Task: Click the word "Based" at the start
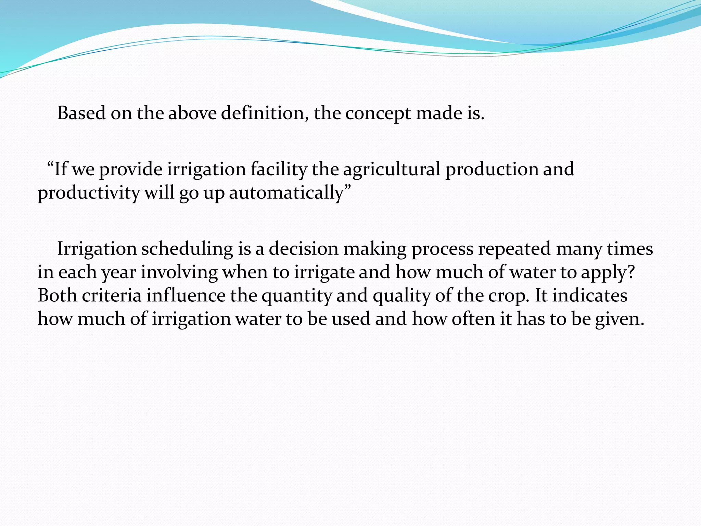tap(81, 113)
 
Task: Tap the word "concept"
tap(378, 114)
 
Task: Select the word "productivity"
tap(89, 193)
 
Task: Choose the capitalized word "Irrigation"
tap(97, 249)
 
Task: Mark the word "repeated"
tap(514, 249)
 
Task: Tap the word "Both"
tap(57, 295)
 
